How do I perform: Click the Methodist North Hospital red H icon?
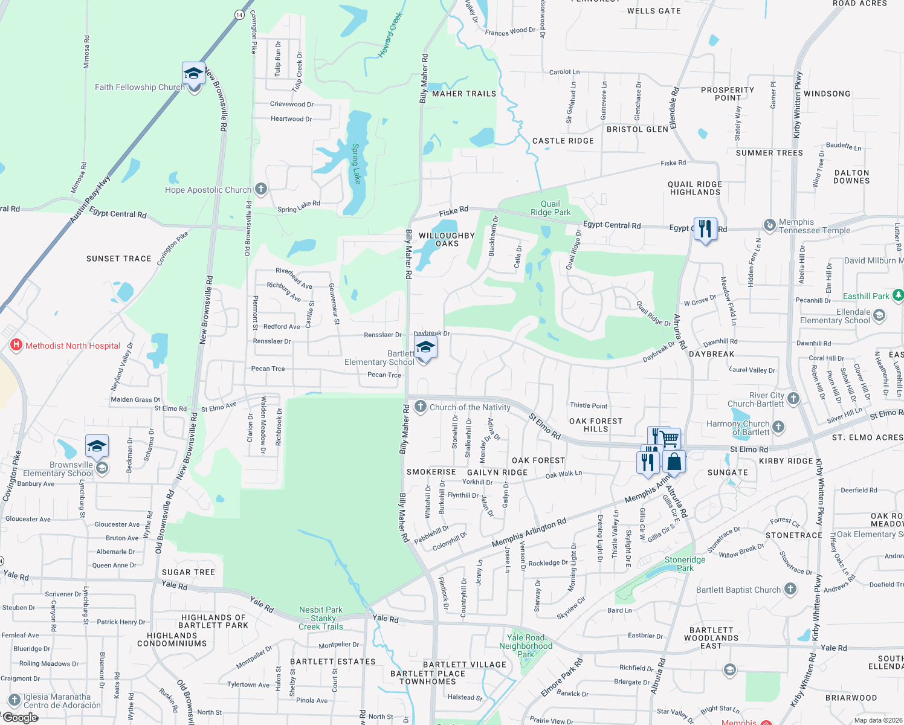click(x=17, y=346)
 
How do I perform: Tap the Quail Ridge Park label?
click(x=550, y=208)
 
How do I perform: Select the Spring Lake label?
click(x=356, y=163)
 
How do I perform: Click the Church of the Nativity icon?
click(x=421, y=407)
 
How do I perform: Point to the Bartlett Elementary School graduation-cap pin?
click(x=425, y=349)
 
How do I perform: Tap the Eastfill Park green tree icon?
click(x=897, y=295)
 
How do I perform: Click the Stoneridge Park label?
click(x=685, y=564)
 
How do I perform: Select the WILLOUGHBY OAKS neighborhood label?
click(x=447, y=240)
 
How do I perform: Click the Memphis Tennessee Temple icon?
click(x=769, y=225)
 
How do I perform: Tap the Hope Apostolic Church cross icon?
click(x=260, y=189)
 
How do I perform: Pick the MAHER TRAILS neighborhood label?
click(x=463, y=94)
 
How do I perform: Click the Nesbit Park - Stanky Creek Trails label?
click(x=320, y=618)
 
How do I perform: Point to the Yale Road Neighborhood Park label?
click(x=526, y=646)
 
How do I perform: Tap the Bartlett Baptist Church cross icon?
click(x=790, y=589)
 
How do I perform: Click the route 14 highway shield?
click(x=239, y=14)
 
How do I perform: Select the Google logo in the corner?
click(x=20, y=718)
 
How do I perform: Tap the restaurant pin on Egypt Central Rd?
click(x=705, y=229)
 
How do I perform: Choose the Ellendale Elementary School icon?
click(x=879, y=315)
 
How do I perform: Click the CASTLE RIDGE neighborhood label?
click(x=563, y=141)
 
